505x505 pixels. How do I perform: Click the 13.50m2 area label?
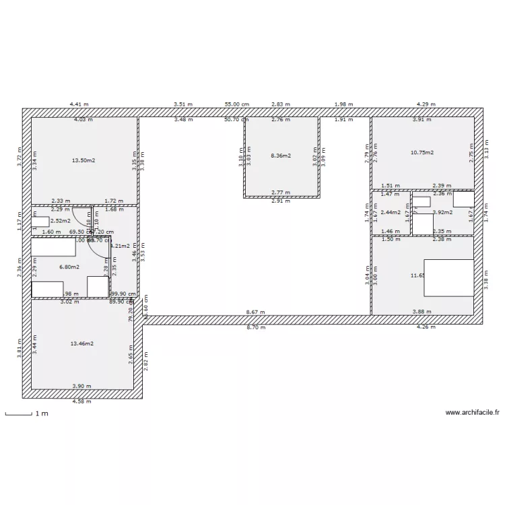(x=83, y=160)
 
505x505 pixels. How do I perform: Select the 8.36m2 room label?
(x=281, y=156)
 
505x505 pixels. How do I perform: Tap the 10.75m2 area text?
(x=422, y=152)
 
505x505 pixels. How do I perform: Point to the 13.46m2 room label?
(x=82, y=343)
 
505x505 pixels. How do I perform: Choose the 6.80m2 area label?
(x=69, y=267)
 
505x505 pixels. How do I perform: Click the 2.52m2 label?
(x=60, y=220)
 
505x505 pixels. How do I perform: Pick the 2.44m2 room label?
(x=391, y=212)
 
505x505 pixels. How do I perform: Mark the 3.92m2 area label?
(x=442, y=212)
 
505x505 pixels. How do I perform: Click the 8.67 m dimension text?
(x=255, y=312)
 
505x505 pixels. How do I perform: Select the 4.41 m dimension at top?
(x=79, y=104)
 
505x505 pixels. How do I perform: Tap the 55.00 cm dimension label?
(x=237, y=104)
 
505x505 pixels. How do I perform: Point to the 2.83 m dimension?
(x=280, y=104)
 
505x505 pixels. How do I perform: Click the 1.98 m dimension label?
(x=343, y=104)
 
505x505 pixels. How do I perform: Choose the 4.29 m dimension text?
(x=426, y=104)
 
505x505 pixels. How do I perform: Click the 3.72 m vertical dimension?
(x=20, y=159)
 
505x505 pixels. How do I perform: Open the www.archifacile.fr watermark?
(x=473, y=413)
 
